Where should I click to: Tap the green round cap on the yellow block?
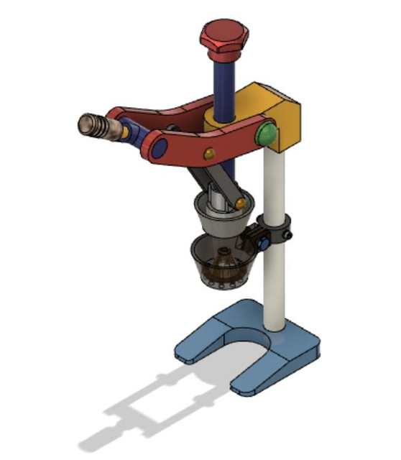(267, 133)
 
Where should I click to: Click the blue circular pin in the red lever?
(160, 149)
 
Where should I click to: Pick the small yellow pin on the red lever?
(209, 153)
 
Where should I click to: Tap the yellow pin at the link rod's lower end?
(239, 206)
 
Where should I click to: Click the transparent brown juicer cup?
(216, 266)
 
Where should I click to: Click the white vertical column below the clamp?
(276, 287)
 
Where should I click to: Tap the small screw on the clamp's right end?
(289, 234)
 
